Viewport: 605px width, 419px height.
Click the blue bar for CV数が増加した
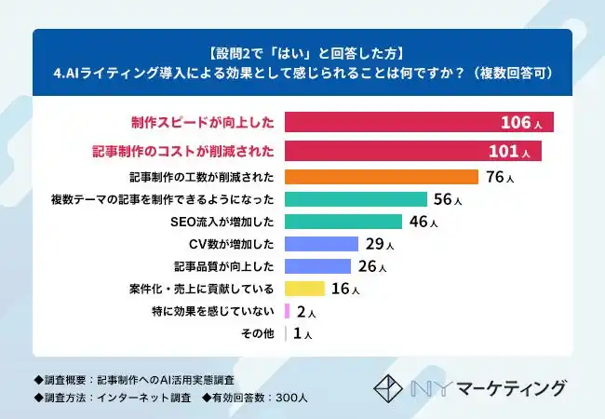pyautogui.click(x=321, y=244)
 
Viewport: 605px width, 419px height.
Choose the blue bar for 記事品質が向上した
pyautogui.click(x=317, y=266)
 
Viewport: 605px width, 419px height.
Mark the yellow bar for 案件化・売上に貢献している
pyautogui.click(x=304, y=289)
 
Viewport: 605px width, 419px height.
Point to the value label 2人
pyautogui.click(x=306, y=312)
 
